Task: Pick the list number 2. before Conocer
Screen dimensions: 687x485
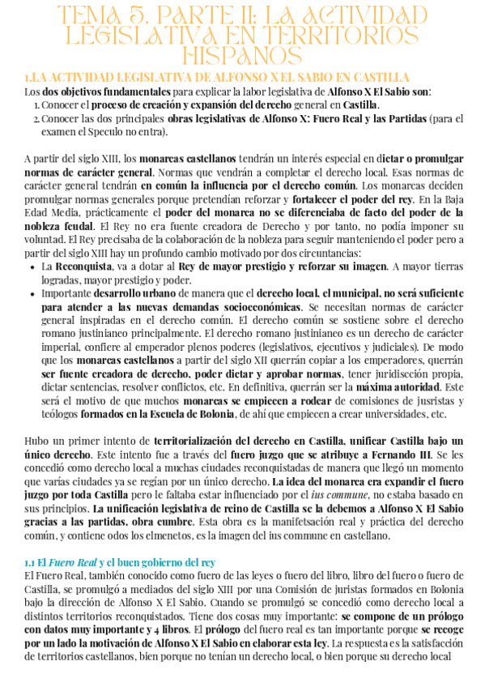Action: pos(37,118)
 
